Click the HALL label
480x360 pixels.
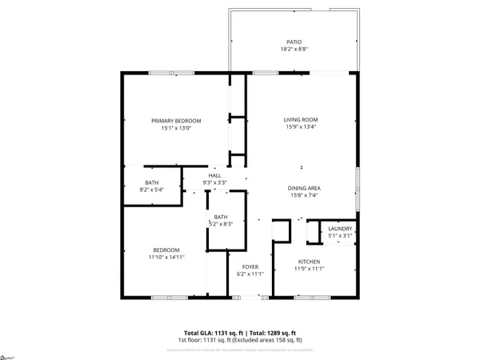[214, 176]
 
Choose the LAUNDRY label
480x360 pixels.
[340, 229]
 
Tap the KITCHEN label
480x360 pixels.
[309, 262]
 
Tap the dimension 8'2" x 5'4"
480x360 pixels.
[152, 190]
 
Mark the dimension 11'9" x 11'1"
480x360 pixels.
[309, 269]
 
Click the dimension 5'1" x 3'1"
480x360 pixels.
[340, 236]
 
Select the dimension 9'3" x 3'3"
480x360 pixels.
[214, 183]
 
